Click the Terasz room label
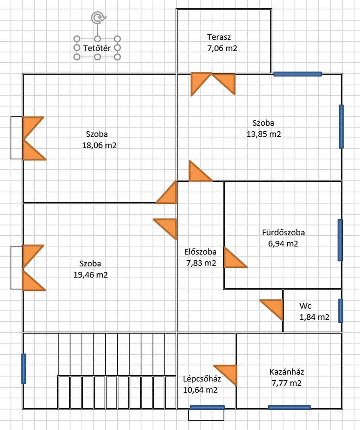click(x=219, y=37)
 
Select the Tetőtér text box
click(x=97, y=48)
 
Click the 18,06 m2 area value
click(x=99, y=145)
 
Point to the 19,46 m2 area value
click(x=91, y=275)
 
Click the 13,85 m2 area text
click(x=264, y=134)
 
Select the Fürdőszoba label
click(x=283, y=232)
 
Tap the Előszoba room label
click(x=200, y=252)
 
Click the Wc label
click(x=305, y=306)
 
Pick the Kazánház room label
click(x=287, y=372)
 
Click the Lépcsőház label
click(x=202, y=379)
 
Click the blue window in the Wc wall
click(x=340, y=311)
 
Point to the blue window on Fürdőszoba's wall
click(x=340, y=240)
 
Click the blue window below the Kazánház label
click(x=289, y=407)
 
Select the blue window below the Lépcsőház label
click(x=207, y=407)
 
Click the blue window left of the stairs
click(x=24, y=368)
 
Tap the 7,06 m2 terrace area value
click(x=222, y=48)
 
